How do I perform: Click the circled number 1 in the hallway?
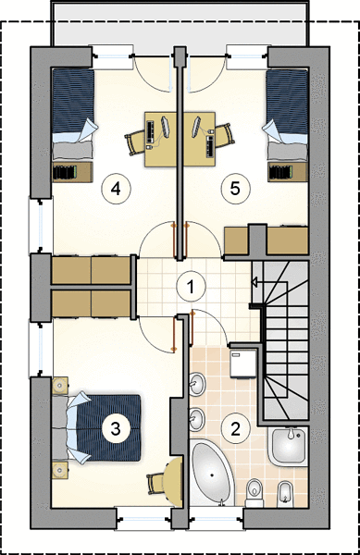191,287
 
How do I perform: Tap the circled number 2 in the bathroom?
235,428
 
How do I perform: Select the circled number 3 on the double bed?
116,428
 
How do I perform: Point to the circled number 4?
116,189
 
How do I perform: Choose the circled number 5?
235,189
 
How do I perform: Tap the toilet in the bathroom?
254,493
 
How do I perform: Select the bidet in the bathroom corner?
284,493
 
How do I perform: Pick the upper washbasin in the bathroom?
197,384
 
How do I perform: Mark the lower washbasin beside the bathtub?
197,419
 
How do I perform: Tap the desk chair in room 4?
135,141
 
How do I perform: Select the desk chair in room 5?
225,135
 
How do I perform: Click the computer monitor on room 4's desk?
166,127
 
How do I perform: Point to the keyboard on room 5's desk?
210,146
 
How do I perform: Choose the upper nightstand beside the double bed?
60,386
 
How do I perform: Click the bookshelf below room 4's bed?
72,172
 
